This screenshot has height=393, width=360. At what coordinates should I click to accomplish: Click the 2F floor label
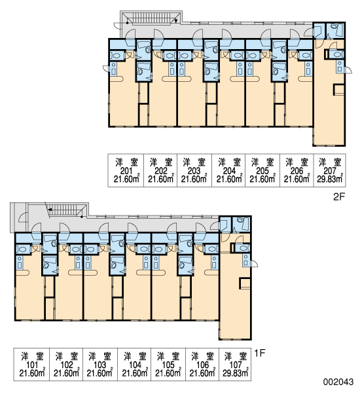click(x=339, y=196)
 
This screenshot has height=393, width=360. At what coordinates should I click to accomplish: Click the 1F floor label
click(x=259, y=353)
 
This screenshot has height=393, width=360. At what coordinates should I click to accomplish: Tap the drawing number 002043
click(x=338, y=382)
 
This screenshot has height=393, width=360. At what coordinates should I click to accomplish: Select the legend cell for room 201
click(x=126, y=170)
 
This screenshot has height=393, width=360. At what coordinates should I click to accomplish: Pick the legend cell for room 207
click(x=329, y=170)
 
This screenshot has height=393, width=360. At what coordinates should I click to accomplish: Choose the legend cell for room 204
click(x=228, y=170)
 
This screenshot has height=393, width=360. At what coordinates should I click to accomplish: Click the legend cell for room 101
click(x=31, y=364)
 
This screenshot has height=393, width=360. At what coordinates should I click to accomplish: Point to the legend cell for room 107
click(x=235, y=364)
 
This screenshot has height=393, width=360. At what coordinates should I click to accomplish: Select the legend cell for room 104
click(x=134, y=364)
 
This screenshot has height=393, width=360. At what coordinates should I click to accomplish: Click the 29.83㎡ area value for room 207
click(x=330, y=179)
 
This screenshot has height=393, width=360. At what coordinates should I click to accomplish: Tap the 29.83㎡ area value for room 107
click(x=235, y=373)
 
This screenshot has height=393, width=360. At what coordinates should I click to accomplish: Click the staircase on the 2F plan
click(x=151, y=18)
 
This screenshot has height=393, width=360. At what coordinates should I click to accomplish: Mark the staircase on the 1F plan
click(x=67, y=210)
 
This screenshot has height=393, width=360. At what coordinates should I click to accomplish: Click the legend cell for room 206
click(x=297, y=170)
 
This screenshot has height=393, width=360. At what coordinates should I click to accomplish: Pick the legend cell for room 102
click(x=66, y=364)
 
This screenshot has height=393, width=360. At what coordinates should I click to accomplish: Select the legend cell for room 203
click(x=194, y=170)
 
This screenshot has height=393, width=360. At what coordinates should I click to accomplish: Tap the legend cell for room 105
click(x=168, y=364)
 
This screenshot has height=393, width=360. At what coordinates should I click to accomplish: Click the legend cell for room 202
click(x=160, y=170)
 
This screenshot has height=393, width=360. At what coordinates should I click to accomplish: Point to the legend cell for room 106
click(x=202, y=364)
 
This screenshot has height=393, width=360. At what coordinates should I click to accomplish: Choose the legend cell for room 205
click(x=262, y=170)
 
